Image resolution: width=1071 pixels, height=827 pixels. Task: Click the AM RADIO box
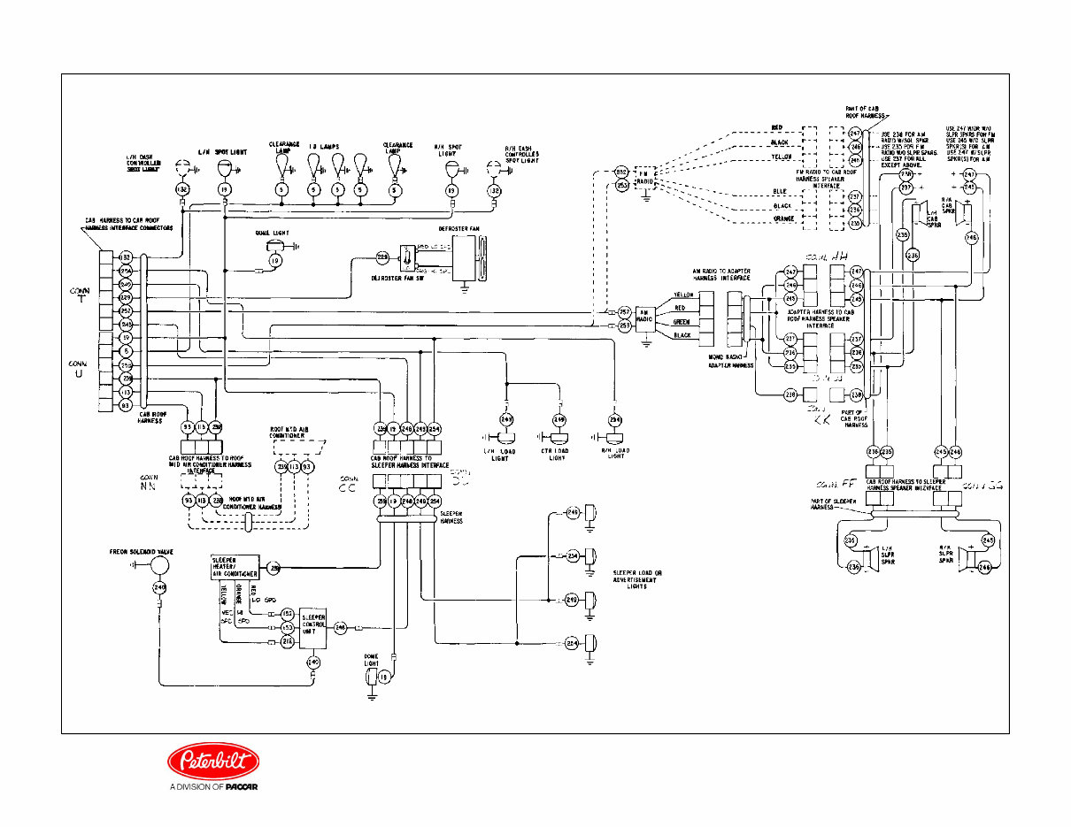tap(645, 318)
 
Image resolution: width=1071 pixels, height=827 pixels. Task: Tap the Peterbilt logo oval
tap(214, 761)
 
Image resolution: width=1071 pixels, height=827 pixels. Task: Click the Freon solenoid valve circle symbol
tap(159, 566)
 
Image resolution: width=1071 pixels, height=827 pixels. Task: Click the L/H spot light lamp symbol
tap(224, 168)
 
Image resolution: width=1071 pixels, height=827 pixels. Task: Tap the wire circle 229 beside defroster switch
tap(382, 257)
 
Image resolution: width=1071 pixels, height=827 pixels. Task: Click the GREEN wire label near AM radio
tap(682, 323)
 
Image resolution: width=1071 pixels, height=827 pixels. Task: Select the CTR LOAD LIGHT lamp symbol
tap(559, 438)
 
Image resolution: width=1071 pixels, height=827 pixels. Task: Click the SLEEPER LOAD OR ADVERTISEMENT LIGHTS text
tap(637, 579)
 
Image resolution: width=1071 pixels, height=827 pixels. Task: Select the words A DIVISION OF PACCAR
tap(213, 787)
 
